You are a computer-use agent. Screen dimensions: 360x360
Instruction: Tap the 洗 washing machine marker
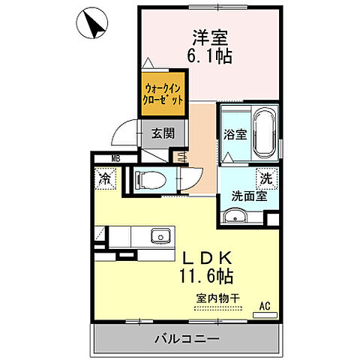pos(265,179)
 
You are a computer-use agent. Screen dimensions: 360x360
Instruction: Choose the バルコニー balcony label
pos(187,339)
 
